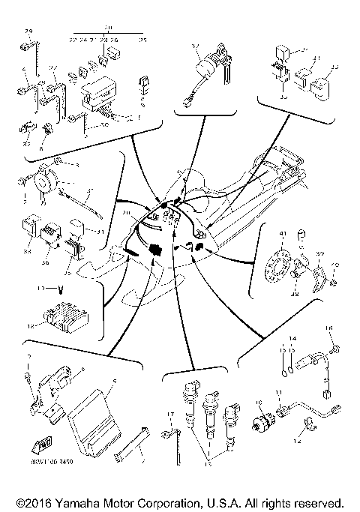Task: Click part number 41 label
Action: click(283, 235)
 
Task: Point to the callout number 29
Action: click(29, 31)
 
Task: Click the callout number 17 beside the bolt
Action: click(170, 414)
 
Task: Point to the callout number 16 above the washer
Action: click(328, 328)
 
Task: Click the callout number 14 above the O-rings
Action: click(293, 338)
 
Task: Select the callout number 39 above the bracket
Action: click(321, 253)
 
